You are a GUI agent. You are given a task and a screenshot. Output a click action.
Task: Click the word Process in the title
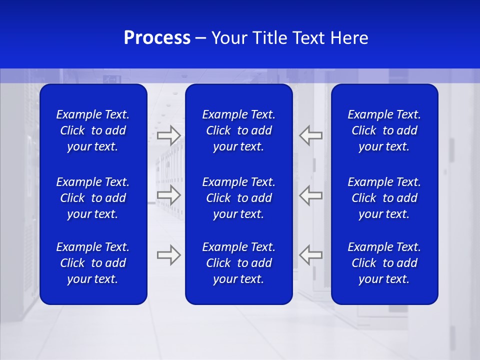tap(157, 38)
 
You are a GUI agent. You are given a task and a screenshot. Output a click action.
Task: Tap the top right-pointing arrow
tap(168, 135)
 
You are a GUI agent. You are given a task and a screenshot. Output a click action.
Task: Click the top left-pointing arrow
tap(310, 135)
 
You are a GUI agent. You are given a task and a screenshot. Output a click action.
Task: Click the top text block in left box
tap(93, 130)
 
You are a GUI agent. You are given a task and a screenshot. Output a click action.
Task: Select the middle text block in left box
tap(93, 198)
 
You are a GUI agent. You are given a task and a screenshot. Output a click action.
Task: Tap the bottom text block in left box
tap(93, 263)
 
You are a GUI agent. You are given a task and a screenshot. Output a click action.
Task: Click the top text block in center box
tap(238, 130)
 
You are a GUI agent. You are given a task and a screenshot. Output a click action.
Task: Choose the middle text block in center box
tap(238, 198)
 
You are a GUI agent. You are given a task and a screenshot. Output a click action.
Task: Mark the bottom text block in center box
tap(238, 263)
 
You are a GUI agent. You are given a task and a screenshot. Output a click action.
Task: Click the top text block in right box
tap(384, 130)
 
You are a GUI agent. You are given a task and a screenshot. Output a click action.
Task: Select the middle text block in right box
tap(384, 198)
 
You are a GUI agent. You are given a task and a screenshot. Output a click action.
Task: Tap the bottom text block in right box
tap(384, 263)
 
